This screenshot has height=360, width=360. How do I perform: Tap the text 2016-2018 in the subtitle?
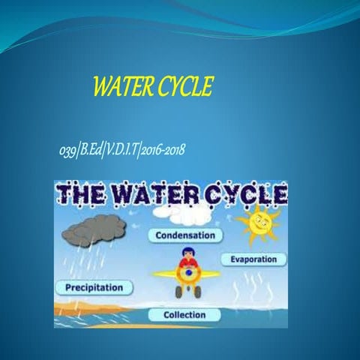tap(162, 152)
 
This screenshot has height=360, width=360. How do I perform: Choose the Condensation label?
tap(189, 235)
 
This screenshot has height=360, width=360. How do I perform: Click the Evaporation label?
tap(254, 259)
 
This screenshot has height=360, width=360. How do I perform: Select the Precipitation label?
tap(94, 287)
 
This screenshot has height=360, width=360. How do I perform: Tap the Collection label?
tap(184, 314)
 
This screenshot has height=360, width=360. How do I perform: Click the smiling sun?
tap(257, 221)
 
